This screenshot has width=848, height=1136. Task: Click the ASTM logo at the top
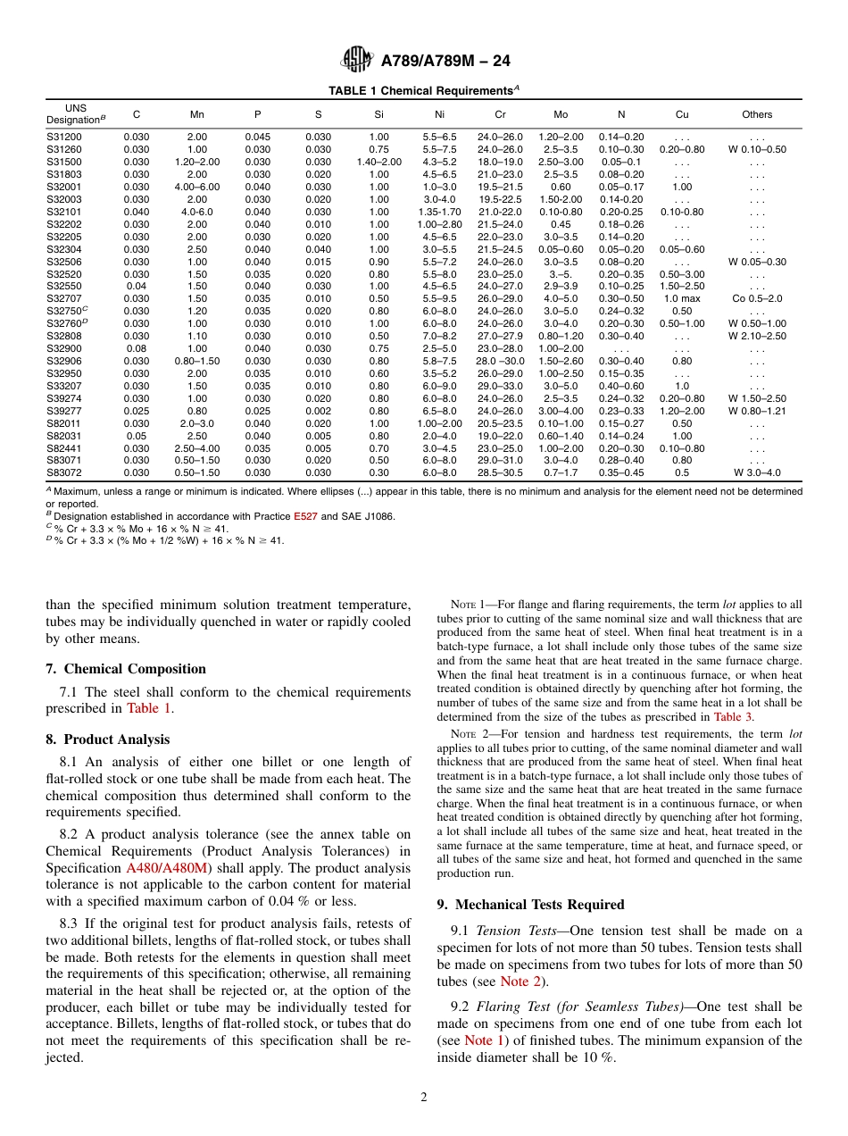[x=357, y=61]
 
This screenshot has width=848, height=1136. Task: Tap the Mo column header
[x=561, y=114]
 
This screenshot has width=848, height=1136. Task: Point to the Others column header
[x=757, y=114]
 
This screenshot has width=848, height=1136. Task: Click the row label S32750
[x=65, y=310]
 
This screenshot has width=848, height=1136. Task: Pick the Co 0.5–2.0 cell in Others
[x=757, y=298]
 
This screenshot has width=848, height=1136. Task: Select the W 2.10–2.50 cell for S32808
[x=757, y=336]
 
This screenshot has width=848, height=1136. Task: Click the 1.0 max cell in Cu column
[x=682, y=298]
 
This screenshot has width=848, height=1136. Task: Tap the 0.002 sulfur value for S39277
[x=318, y=411]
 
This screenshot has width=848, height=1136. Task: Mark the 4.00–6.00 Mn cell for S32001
[x=197, y=187]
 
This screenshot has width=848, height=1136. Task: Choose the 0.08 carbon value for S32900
[x=137, y=348]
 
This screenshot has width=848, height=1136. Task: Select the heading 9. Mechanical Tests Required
[x=530, y=905]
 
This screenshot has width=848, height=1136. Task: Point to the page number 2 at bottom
[x=424, y=1098]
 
